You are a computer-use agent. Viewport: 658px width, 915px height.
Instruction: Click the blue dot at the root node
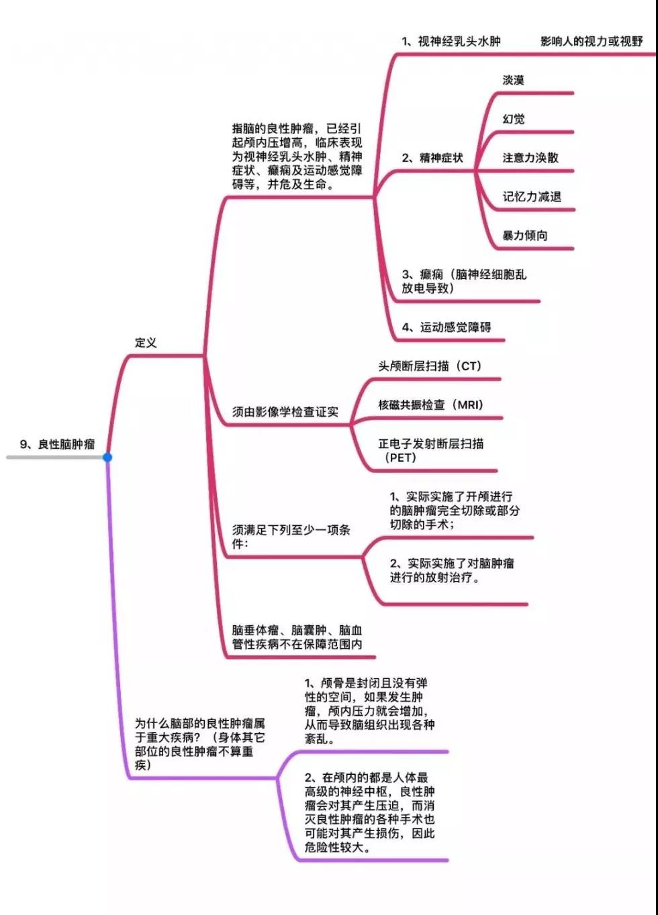click(x=107, y=457)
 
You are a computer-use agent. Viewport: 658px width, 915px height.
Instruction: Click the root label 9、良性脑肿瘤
click(x=57, y=444)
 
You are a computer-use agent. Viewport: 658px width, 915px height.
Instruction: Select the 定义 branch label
click(x=146, y=342)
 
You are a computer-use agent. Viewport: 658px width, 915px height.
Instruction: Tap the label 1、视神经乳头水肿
click(x=451, y=42)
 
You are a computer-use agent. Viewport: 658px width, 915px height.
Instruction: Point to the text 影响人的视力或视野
click(x=592, y=42)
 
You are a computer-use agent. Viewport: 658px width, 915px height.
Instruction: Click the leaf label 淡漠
click(x=513, y=80)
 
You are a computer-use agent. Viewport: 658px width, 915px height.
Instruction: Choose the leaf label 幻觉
click(x=513, y=119)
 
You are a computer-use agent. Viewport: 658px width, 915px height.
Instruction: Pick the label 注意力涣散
click(x=530, y=158)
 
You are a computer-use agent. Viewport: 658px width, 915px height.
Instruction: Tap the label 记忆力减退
click(x=532, y=197)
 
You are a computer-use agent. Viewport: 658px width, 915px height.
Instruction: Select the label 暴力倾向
click(x=524, y=235)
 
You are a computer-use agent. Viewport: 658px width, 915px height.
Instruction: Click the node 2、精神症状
click(x=432, y=158)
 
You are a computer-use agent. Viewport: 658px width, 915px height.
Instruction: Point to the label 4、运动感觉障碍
click(x=446, y=327)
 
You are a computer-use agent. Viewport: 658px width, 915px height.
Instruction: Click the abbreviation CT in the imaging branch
click(x=469, y=366)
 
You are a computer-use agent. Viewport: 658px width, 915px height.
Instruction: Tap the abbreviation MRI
click(x=470, y=405)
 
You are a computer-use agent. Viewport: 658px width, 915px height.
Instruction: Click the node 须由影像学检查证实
click(x=285, y=412)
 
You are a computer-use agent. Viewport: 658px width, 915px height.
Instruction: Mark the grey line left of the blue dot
click(x=55, y=457)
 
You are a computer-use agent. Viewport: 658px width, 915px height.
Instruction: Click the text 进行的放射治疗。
click(x=434, y=578)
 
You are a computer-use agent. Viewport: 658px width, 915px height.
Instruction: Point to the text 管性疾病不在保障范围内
click(x=297, y=644)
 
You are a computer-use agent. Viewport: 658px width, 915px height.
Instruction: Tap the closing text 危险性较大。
click(x=338, y=848)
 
